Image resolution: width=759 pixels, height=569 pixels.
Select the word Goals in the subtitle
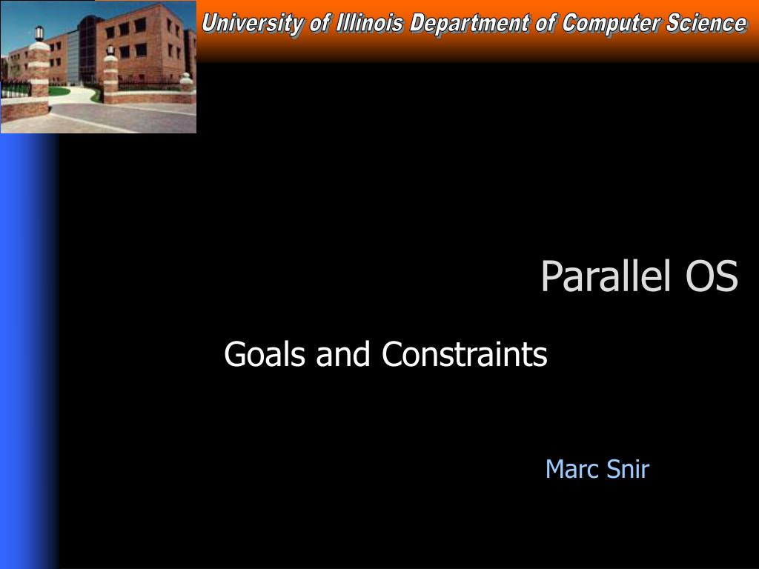(x=265, y=355)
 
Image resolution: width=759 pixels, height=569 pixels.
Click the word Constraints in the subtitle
(x=465, y=355)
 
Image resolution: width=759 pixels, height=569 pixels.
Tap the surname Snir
(x=628, y=469)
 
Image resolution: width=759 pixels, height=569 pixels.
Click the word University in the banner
(x=252, y=24)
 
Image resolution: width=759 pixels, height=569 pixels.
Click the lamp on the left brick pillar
(x=39, y=33)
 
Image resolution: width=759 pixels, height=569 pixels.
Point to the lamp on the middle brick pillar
(x=110, y=50)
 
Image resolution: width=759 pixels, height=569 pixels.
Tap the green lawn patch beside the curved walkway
(x=59, y=92)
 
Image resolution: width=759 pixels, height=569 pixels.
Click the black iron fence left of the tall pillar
(x=15, y=90)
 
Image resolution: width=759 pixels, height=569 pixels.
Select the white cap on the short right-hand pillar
(x=186, y=77)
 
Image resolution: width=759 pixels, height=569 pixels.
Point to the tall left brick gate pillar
(x=39, y=78)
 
